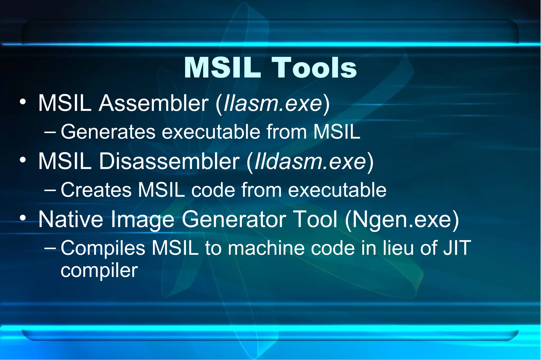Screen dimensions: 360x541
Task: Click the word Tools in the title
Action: point(314,68)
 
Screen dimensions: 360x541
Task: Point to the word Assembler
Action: point(153,103)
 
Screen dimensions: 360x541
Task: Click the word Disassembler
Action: point(169,161)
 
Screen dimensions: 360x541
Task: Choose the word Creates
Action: point(96,190)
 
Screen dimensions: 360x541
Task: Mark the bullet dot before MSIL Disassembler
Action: point(23,160)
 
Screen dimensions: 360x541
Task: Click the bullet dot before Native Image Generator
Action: point(23,218)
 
